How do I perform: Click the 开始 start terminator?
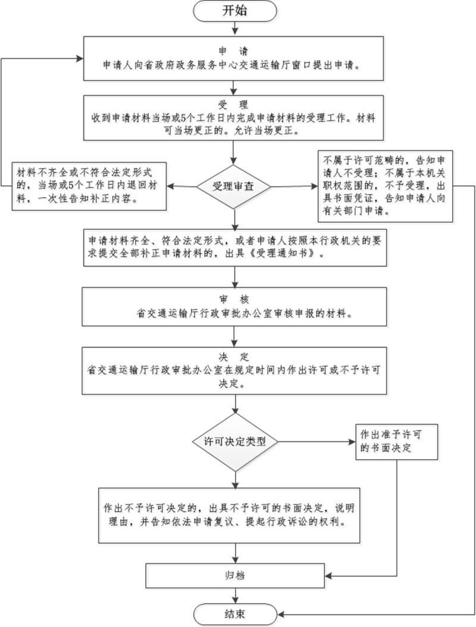point(237,10)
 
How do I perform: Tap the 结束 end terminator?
point(237,613)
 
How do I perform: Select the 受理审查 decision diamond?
point(236,186)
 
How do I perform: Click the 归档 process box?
point(236,576)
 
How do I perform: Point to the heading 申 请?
point(236,49)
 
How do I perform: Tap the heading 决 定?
point(236,358)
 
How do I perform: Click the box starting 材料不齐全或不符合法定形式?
point(89,185)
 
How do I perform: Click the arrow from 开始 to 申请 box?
point(237,27)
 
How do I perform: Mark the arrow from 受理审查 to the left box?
point(181,186)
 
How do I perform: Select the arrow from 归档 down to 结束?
point(237,595)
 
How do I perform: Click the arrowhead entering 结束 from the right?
point(282,613)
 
